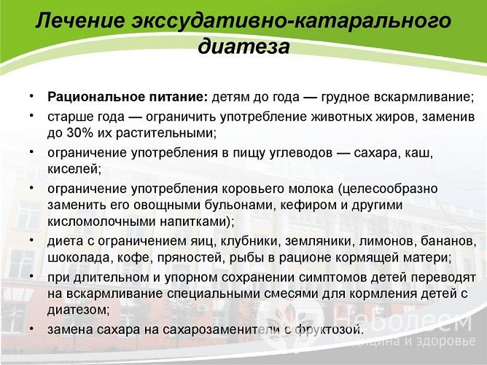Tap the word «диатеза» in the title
(243, 47)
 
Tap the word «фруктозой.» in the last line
(321, 329)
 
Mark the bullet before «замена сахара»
(31, 329)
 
